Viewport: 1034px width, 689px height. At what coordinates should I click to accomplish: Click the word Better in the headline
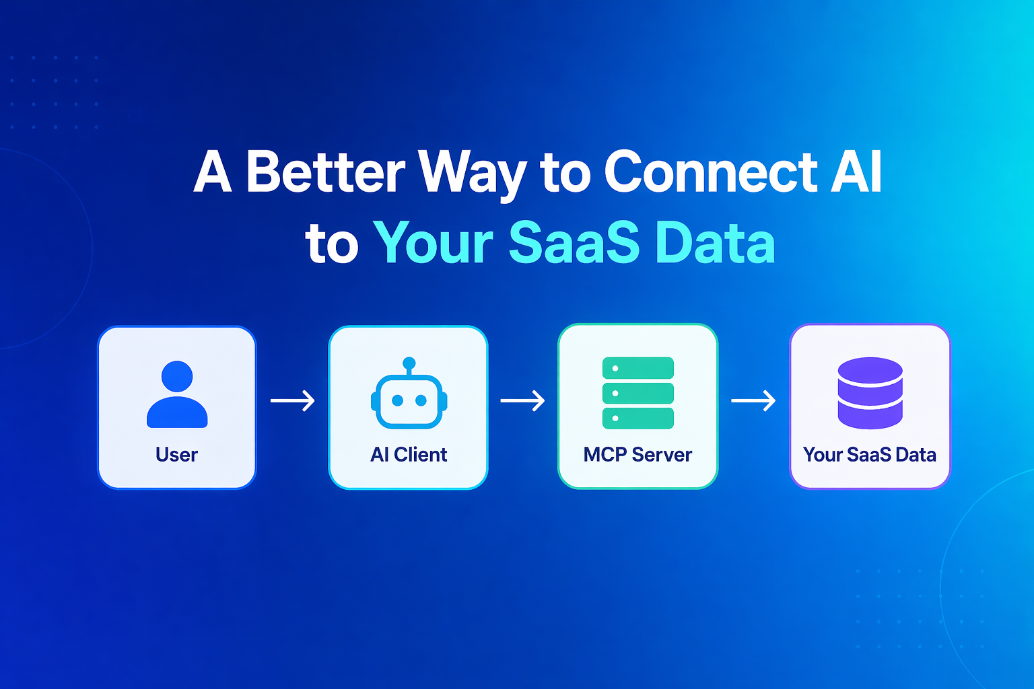pos(326,172)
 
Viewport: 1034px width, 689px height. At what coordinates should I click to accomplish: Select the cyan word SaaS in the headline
pos(574,242)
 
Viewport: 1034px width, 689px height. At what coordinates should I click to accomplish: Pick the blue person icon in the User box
pos(177,394)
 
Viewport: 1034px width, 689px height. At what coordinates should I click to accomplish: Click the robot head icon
pos(409,393)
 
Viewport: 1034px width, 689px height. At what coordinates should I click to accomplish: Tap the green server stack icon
pos(638,393)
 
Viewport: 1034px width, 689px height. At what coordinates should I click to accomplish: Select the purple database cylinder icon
pos(870,393)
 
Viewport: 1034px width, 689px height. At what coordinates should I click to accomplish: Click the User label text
pos(177,455)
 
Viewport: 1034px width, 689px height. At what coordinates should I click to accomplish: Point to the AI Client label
pos(409,455)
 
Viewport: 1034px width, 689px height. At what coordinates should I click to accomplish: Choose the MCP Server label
pos(637,455)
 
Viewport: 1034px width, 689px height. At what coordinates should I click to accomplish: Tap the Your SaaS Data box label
pos(870,455)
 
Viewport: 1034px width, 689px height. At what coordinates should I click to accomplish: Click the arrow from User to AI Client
pos(293,400)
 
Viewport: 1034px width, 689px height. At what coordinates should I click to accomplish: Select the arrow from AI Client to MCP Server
pos(522,400)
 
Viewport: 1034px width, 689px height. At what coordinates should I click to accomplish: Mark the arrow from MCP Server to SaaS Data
pos(753,400)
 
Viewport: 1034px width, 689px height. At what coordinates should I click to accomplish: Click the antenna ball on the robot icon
pos(409,363)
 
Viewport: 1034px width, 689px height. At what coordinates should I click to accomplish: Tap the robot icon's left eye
pos(397,400)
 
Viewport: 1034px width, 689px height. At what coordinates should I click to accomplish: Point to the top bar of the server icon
pos(638,368)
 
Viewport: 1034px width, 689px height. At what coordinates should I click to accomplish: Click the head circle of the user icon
pos(177,376)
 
